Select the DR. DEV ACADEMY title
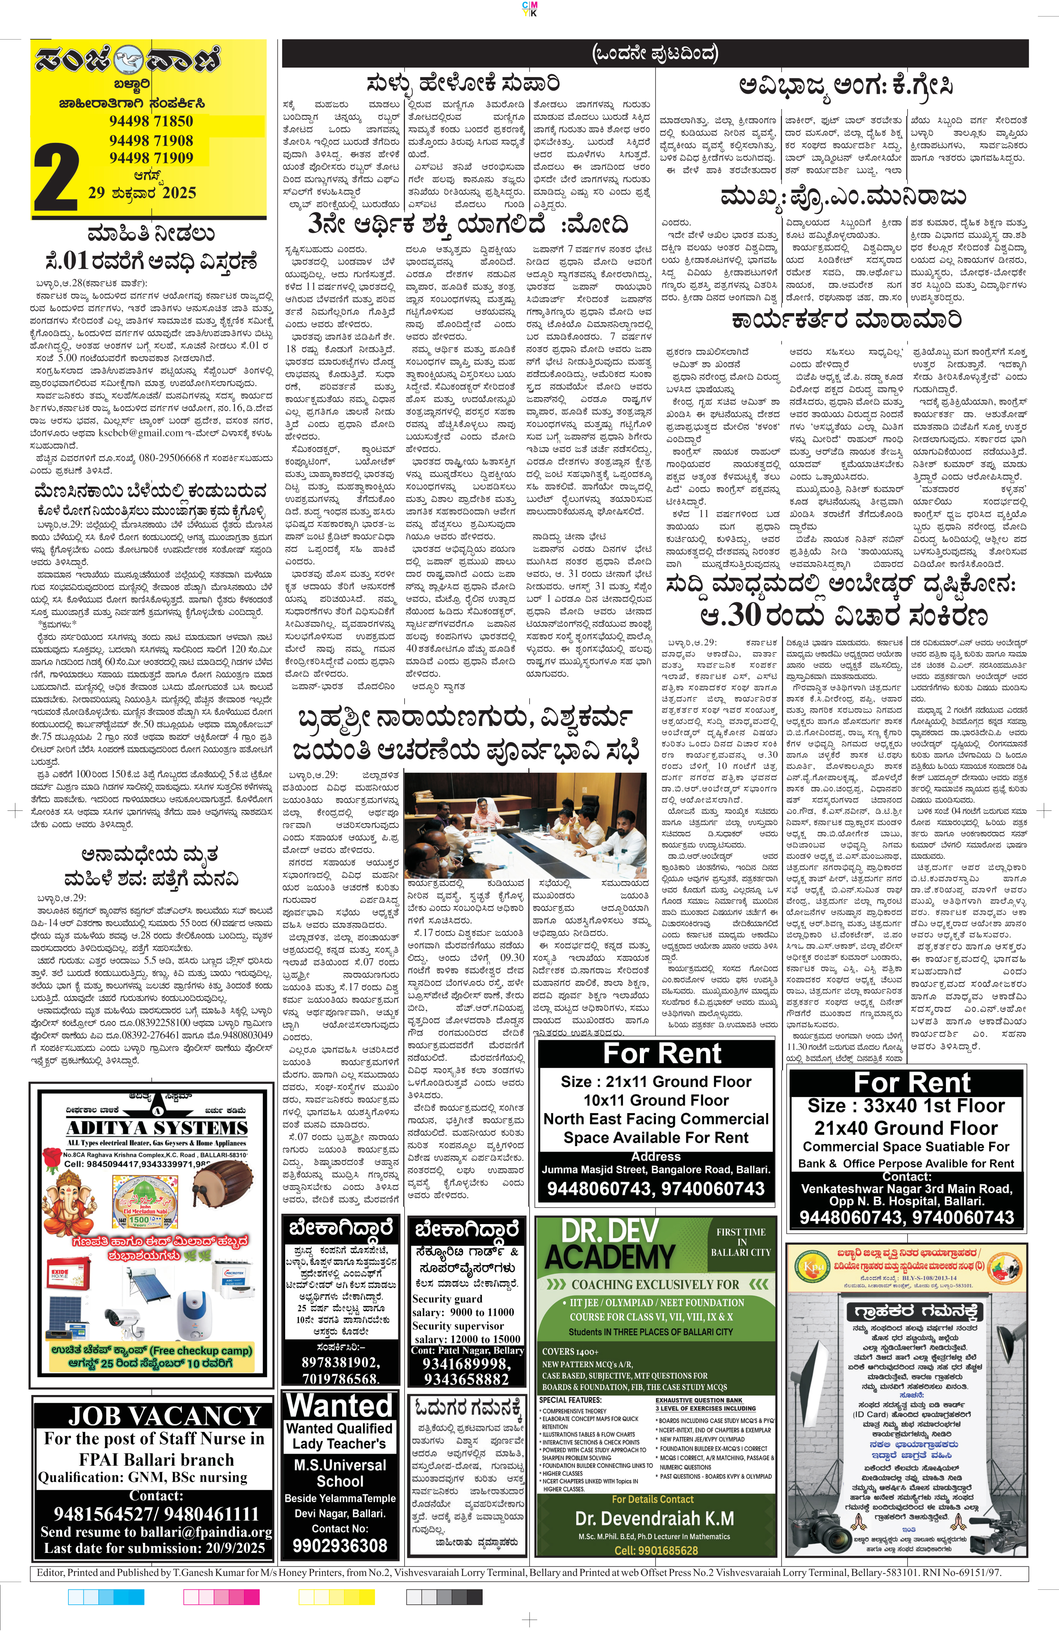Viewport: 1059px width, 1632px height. click(611, 1244)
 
